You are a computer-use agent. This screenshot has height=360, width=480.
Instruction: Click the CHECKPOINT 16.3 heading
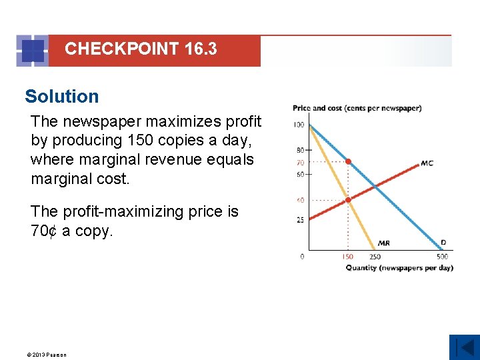(x=141, y=49)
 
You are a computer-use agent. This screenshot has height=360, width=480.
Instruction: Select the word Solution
(x=62, y=97)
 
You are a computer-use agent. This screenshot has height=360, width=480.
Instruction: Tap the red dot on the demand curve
(x=348, y=161)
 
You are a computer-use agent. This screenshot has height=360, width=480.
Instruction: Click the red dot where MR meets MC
(x=348, y=199)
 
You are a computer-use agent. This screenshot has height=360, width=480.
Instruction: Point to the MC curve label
(x=427, y=163)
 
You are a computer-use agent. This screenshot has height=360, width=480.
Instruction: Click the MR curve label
(x=384, y=243)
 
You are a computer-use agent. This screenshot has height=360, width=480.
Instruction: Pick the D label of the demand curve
(x=443, y=243)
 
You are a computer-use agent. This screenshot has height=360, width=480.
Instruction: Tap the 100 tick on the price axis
(x=298, y=125)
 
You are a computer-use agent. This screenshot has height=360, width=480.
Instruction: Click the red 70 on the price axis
(x=300, y=162)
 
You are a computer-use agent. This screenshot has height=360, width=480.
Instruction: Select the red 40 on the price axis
(x=300, y=199)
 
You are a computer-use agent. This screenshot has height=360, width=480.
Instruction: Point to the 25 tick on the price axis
(x=300, y=219)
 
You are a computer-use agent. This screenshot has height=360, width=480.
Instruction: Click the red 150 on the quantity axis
(x=348, y=257)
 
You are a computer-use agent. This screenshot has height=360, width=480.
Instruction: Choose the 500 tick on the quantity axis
(x=443, y=257)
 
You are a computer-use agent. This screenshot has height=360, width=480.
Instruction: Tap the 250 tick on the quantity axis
(x=375, y=257)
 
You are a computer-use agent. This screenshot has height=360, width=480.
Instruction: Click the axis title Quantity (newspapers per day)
(x=399, y=268)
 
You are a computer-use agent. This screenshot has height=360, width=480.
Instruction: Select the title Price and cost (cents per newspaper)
(x=357, y=108)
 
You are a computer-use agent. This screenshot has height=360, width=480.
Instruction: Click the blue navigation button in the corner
(x=464, y=347)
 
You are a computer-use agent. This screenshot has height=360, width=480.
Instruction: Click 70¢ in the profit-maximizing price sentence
(x=44, y=231)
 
